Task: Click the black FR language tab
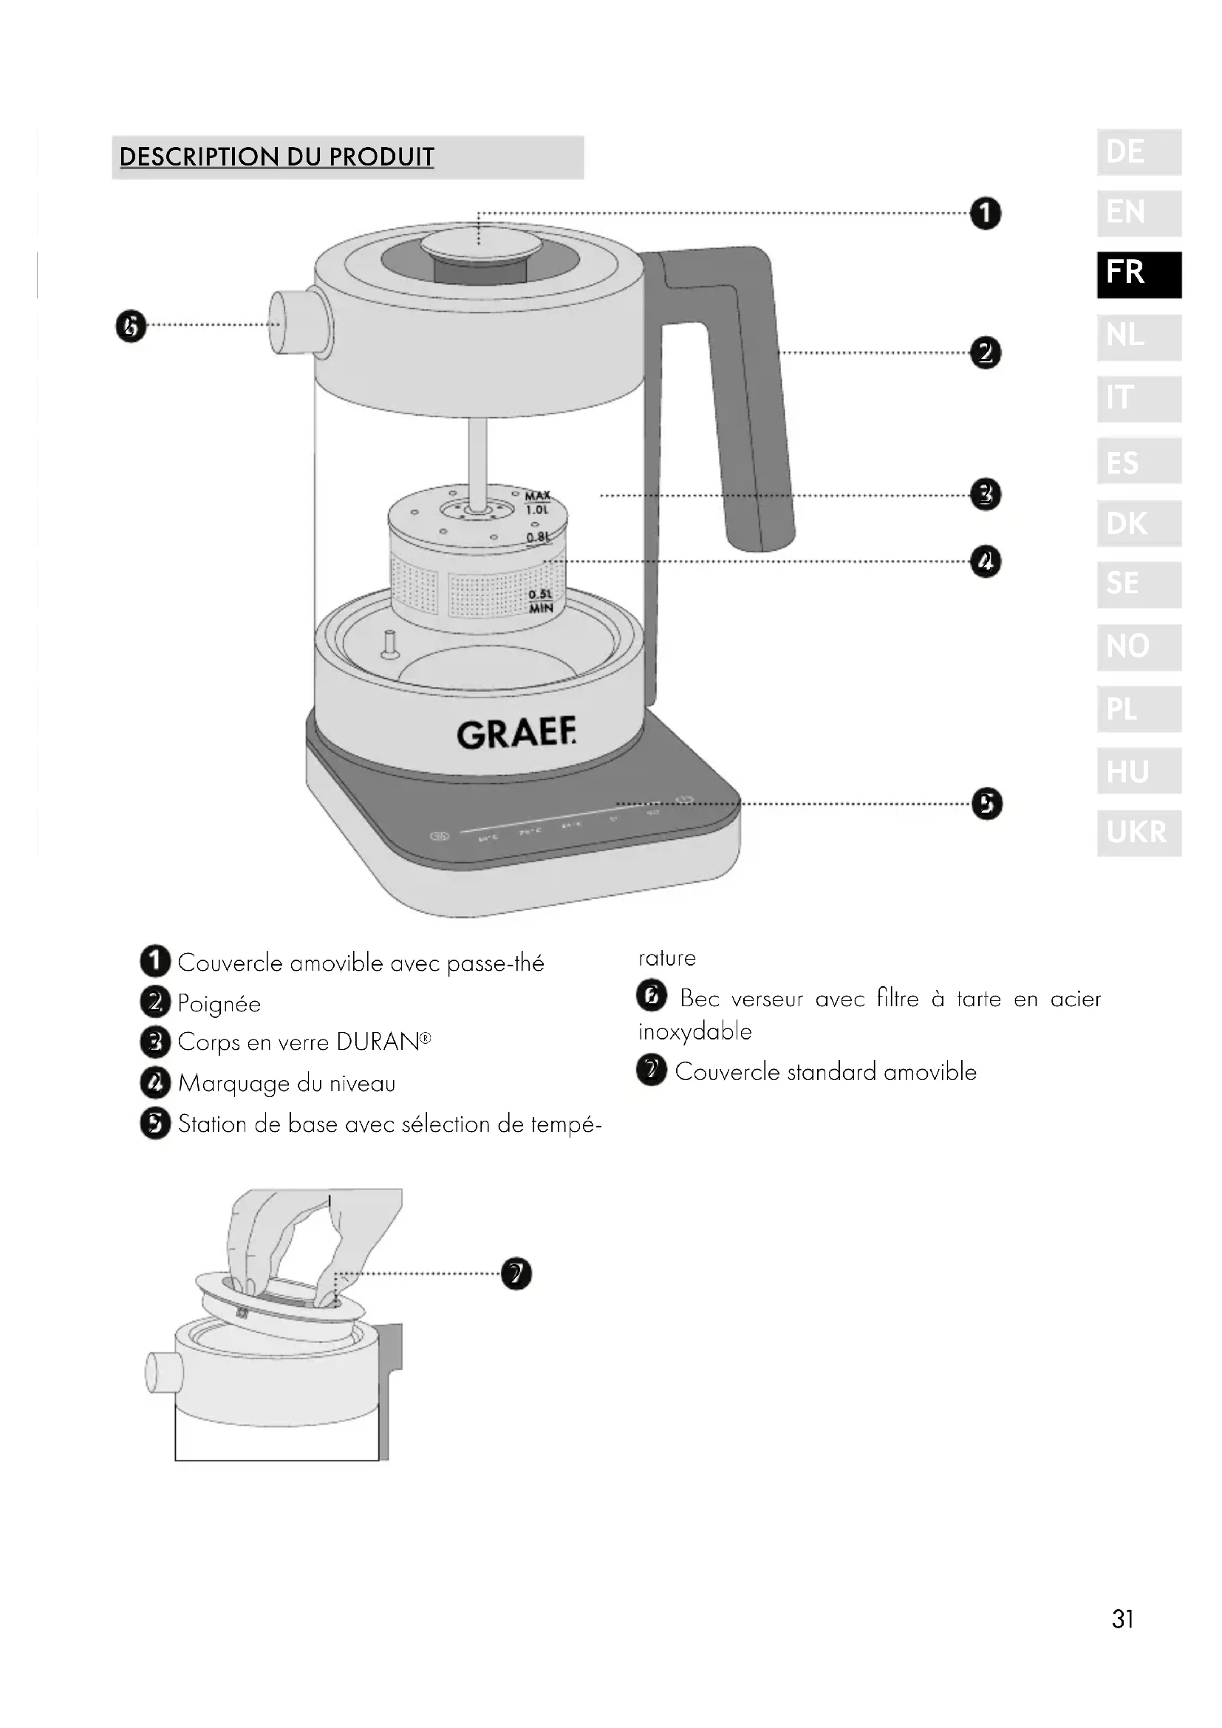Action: tap(1139, 275)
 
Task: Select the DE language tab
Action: tap(1139, 152)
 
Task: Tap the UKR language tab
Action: tap(1139, 833)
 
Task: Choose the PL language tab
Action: tap(1139, 709)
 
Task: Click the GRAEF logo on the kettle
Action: tap(517, 734)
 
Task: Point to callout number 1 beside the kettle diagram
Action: tap(986, 214)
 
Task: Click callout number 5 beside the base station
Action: tap(986, 804)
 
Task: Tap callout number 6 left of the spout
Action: tap(130, 327)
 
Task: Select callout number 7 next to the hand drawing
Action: tap(516, 1274)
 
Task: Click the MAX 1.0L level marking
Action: tap(537, 502)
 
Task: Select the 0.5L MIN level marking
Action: tap(540, 601)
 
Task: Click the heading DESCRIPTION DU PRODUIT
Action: tap(277, 157)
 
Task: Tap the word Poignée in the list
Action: tap(219, 1004)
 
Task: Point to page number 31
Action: tap(1123, 1619)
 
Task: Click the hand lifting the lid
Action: tap(309, 1234)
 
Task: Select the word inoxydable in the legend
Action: tap(694, 1032)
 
